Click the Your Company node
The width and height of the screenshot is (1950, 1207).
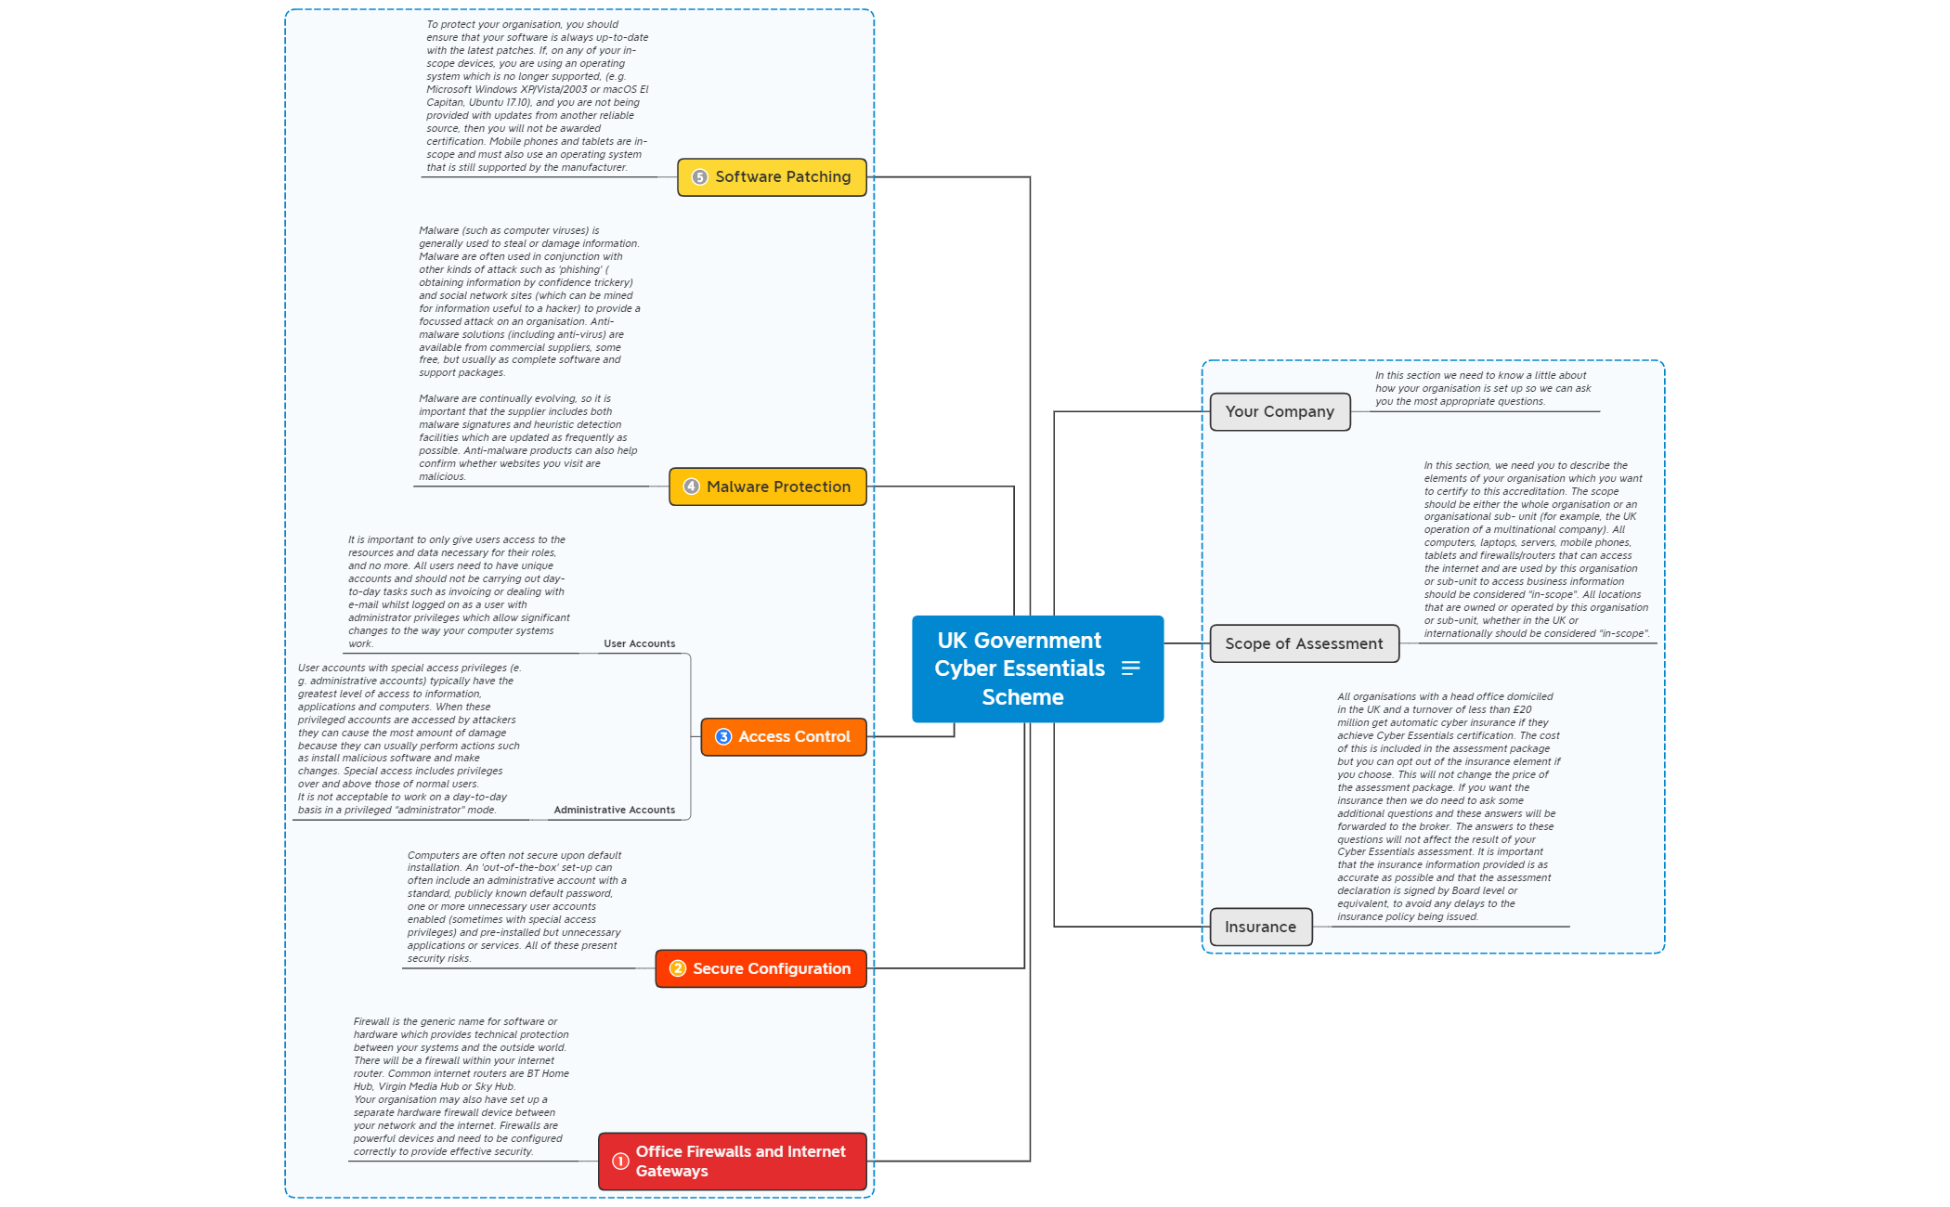click(1279, 411)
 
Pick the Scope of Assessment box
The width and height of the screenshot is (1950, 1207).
click(1303, 643)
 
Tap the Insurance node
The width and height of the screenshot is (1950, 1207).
click(1259, 927)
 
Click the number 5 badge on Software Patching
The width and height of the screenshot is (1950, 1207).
click(700, 177)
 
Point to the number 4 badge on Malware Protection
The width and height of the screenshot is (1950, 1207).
click(691, 487)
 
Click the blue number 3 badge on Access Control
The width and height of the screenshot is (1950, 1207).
click(723, 737)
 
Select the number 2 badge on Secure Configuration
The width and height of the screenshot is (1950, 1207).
click(678, 968)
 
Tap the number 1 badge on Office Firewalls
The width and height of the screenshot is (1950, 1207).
click(620, 1161)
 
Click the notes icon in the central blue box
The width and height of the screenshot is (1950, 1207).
click(1130, 668)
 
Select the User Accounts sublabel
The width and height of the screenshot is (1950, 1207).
click(639, 643)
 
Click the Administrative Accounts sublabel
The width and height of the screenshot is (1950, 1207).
click(614, 810)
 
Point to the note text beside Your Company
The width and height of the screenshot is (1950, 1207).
click(1482, 388)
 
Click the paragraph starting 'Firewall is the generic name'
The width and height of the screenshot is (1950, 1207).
click(460, 1086)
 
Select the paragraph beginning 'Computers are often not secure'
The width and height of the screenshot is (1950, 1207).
click(515, 906)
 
